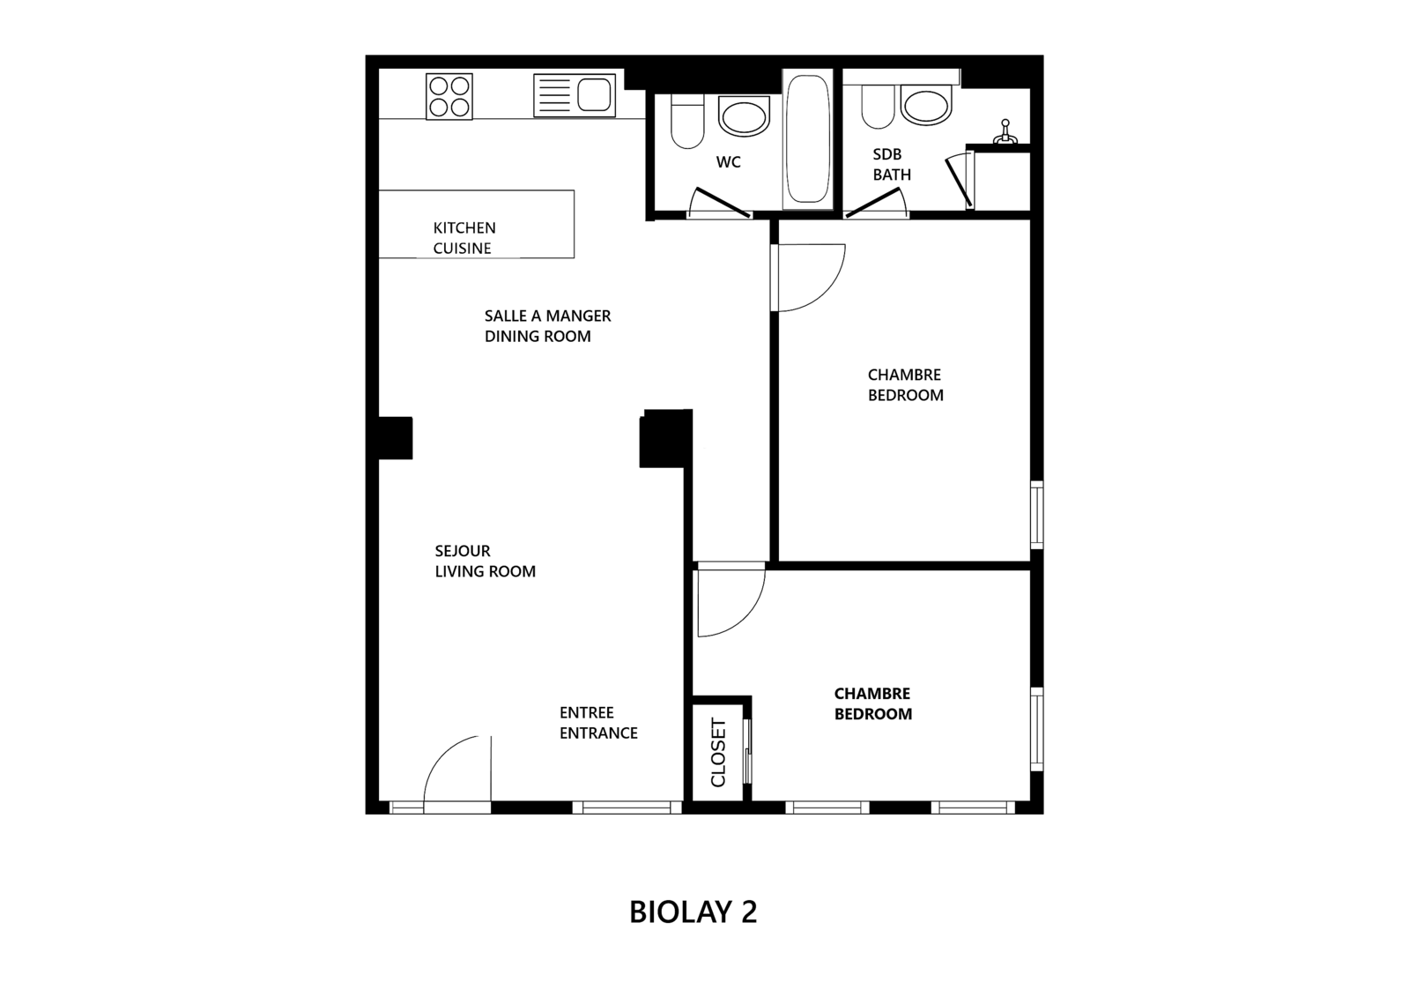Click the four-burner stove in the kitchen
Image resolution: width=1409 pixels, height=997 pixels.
coord(449,96)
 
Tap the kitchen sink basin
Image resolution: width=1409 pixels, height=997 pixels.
coord(595,95)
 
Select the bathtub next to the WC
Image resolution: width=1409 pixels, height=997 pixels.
coord(808,139)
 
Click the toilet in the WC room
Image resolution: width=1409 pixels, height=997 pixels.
coord(687,121)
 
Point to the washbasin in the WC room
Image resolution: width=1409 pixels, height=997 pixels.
coord(744,115)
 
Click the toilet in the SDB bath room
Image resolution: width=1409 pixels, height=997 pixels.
coord(878,107)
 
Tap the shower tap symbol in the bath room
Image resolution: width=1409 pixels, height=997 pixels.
coord(1005,132)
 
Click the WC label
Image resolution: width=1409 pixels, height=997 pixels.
coord(729,162)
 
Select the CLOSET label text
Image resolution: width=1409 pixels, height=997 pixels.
coord(718,753)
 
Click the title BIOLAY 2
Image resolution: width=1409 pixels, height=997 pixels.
coord(693,911)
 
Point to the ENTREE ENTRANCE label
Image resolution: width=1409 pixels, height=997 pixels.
coord(598,723)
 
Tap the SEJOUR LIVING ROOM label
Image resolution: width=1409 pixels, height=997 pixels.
coord(485,561)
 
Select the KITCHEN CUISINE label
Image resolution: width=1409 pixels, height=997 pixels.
coord(464,238)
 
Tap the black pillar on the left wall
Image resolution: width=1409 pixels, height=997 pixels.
coord(396,438)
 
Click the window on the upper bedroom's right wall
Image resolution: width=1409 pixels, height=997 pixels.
coord(1036,515)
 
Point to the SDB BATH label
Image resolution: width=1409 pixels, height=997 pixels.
coord(892,164)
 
